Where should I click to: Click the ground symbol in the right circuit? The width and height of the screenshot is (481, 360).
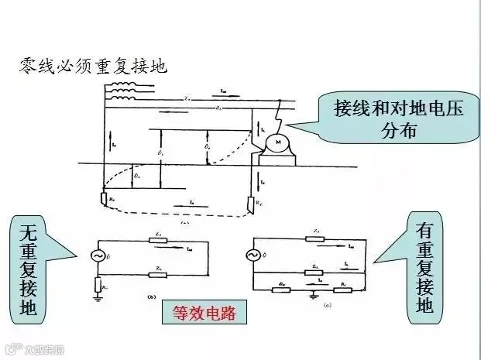click(x=311, y=294)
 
